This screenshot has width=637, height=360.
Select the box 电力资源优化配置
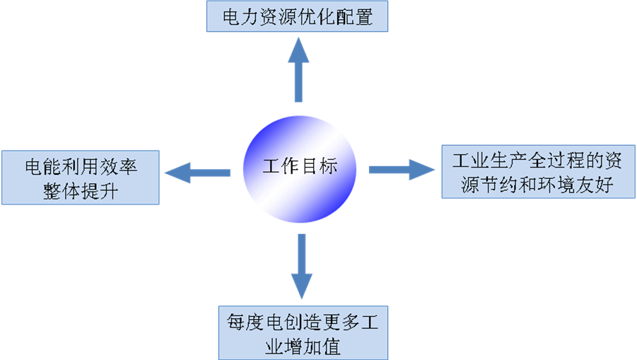(297, 16)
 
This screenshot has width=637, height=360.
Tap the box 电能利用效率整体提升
(80, 178)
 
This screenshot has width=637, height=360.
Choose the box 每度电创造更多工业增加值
(303, 332)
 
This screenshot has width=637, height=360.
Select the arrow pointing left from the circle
(197, 171)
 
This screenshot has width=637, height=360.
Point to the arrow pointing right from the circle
(401, 169)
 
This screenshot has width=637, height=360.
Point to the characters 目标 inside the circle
(320, 167)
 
